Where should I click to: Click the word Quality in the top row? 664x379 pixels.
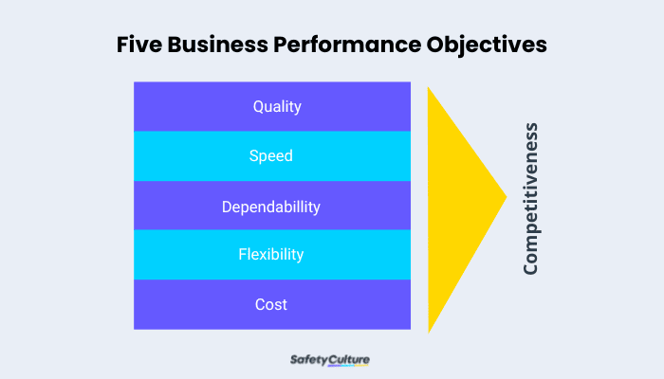(277, 106)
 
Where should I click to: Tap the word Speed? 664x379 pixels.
(270, 156)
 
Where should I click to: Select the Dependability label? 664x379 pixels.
(271, 206)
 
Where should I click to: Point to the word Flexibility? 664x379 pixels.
(270, 255)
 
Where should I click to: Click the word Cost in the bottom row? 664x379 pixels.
(271, 304)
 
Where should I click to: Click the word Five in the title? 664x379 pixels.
(138, 45)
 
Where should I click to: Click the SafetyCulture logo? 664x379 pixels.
(329, 360)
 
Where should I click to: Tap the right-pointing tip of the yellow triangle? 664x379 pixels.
(504, 197)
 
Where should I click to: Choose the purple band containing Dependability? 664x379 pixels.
(171, 206)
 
